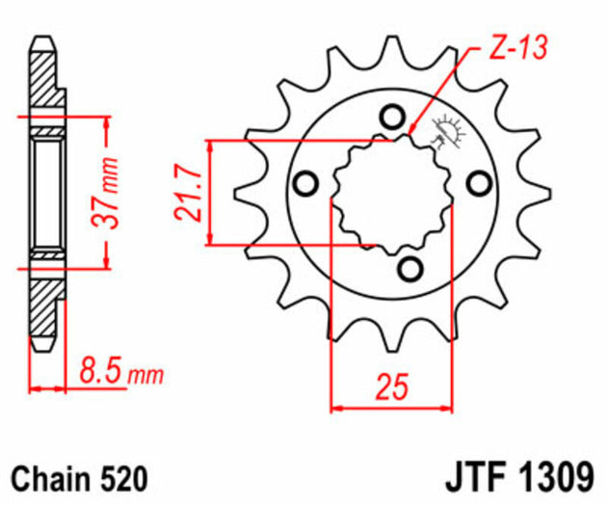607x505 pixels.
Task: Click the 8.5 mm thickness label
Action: pyautogui.click(x=119, y=370)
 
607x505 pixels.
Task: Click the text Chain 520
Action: pyautogui.click(x=79, y=478)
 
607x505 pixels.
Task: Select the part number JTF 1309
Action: pyautogui.click(x=521, y=478)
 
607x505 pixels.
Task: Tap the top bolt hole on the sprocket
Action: pyautogui.click(x=391, y=118)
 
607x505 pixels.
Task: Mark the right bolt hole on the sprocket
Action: pyautogui.click(x=477, y=182)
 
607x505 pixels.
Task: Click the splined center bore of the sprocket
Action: pyautogui.click(x=390, y=193)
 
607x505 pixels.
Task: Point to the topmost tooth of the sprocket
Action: pyautogui.click(x=390, y=48)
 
